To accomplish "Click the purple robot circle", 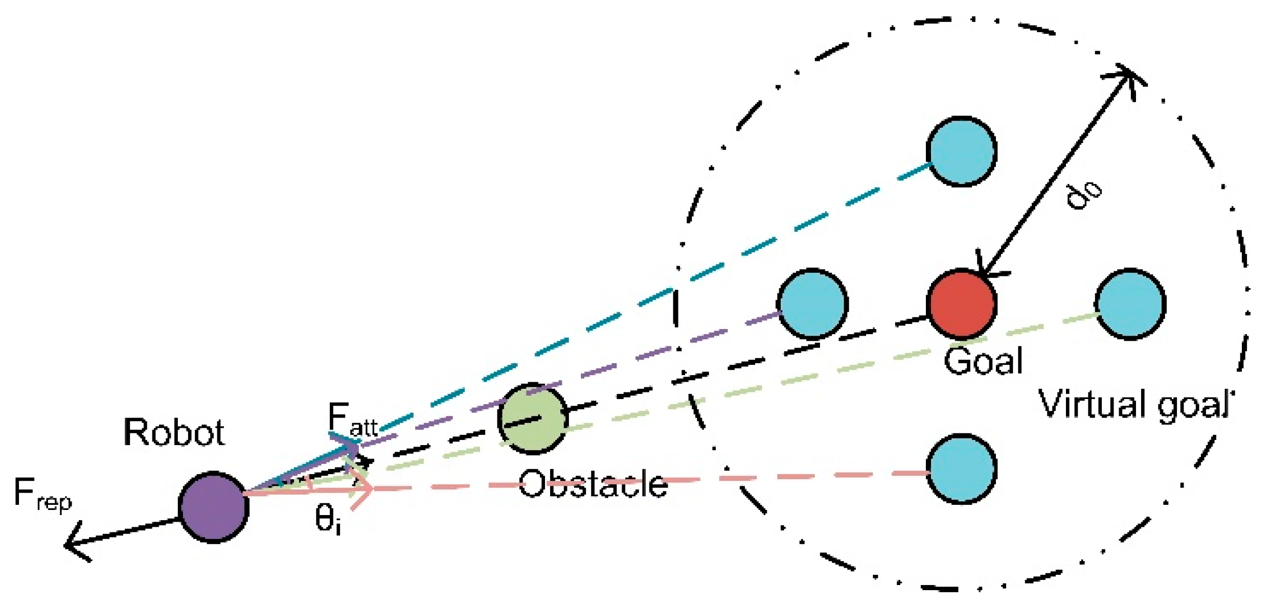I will [213, 507].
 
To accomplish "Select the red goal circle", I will [962, 304].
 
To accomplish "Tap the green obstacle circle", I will [533, 418].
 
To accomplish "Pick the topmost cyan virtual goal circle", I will [962, 151].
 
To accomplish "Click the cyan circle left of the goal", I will [812, 304].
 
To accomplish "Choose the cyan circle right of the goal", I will [1130, 304].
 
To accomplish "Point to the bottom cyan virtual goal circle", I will [962, 469].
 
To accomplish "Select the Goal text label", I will [983, 361].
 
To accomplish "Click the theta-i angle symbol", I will [327, 520].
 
